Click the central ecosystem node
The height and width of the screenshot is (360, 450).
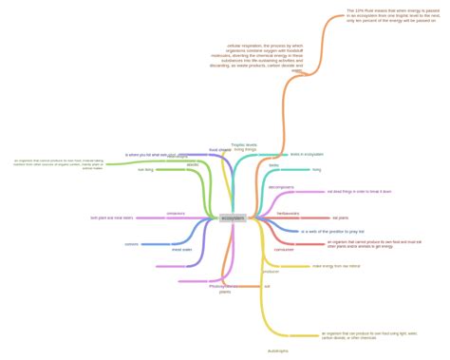(x=233, y=218)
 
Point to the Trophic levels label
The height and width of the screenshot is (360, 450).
(x=245, y=146)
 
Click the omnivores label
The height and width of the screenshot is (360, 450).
(x=176, y=213)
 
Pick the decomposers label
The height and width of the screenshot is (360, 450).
(x=281, y=187)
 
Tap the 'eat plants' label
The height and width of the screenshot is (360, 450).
(x=314, y=218)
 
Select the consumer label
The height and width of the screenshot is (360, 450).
(x=284, y=249)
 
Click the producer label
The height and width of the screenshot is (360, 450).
(x=271, y=272)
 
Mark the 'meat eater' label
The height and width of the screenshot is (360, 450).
(x=181, y=249)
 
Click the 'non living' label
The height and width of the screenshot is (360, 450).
(x=146, y=169)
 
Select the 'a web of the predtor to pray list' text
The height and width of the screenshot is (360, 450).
(x=332, y=231)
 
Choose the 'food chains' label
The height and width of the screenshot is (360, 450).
(x=219, y=149)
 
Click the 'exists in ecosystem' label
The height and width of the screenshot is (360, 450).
(x=308, y=154)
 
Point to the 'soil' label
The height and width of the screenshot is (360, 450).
(x=267, y=286)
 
